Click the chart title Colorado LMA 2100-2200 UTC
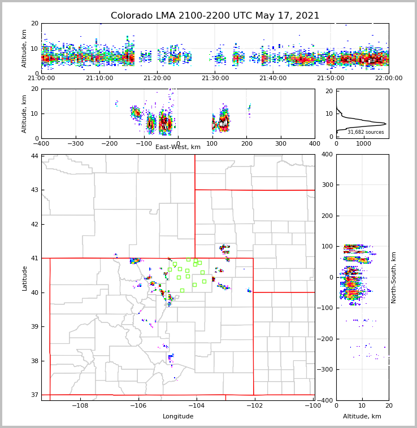coord(215,16)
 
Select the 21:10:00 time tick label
coord(99,78)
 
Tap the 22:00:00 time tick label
coord(389,78)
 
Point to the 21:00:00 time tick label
coord(41,78)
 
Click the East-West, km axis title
coord(178,147)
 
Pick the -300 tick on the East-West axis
coord(76,143)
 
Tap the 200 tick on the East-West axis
coord(246,143)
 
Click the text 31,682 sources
coord(366,132)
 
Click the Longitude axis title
coord(178,417)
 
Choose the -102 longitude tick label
coord(254,406)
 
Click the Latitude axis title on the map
coord(24,278)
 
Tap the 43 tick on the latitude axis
coord(35,190)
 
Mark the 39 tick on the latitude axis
coord(35,326)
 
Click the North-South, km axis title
coord(394,277)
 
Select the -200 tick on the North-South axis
coord(325,339)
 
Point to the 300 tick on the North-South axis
coord(327,185)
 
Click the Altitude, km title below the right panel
coord(362,417)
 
